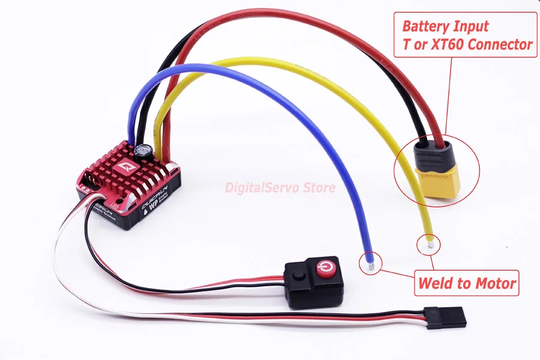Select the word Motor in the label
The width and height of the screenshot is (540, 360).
pyautogui.click(x=498, y=283)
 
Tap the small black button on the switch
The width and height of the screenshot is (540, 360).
pyautogui.click(x=298, y=275)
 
